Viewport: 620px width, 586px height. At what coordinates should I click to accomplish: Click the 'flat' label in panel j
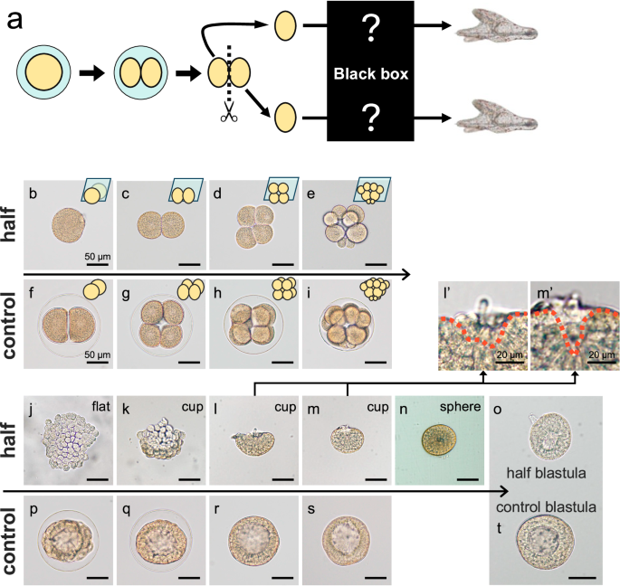tap(100, 406)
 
